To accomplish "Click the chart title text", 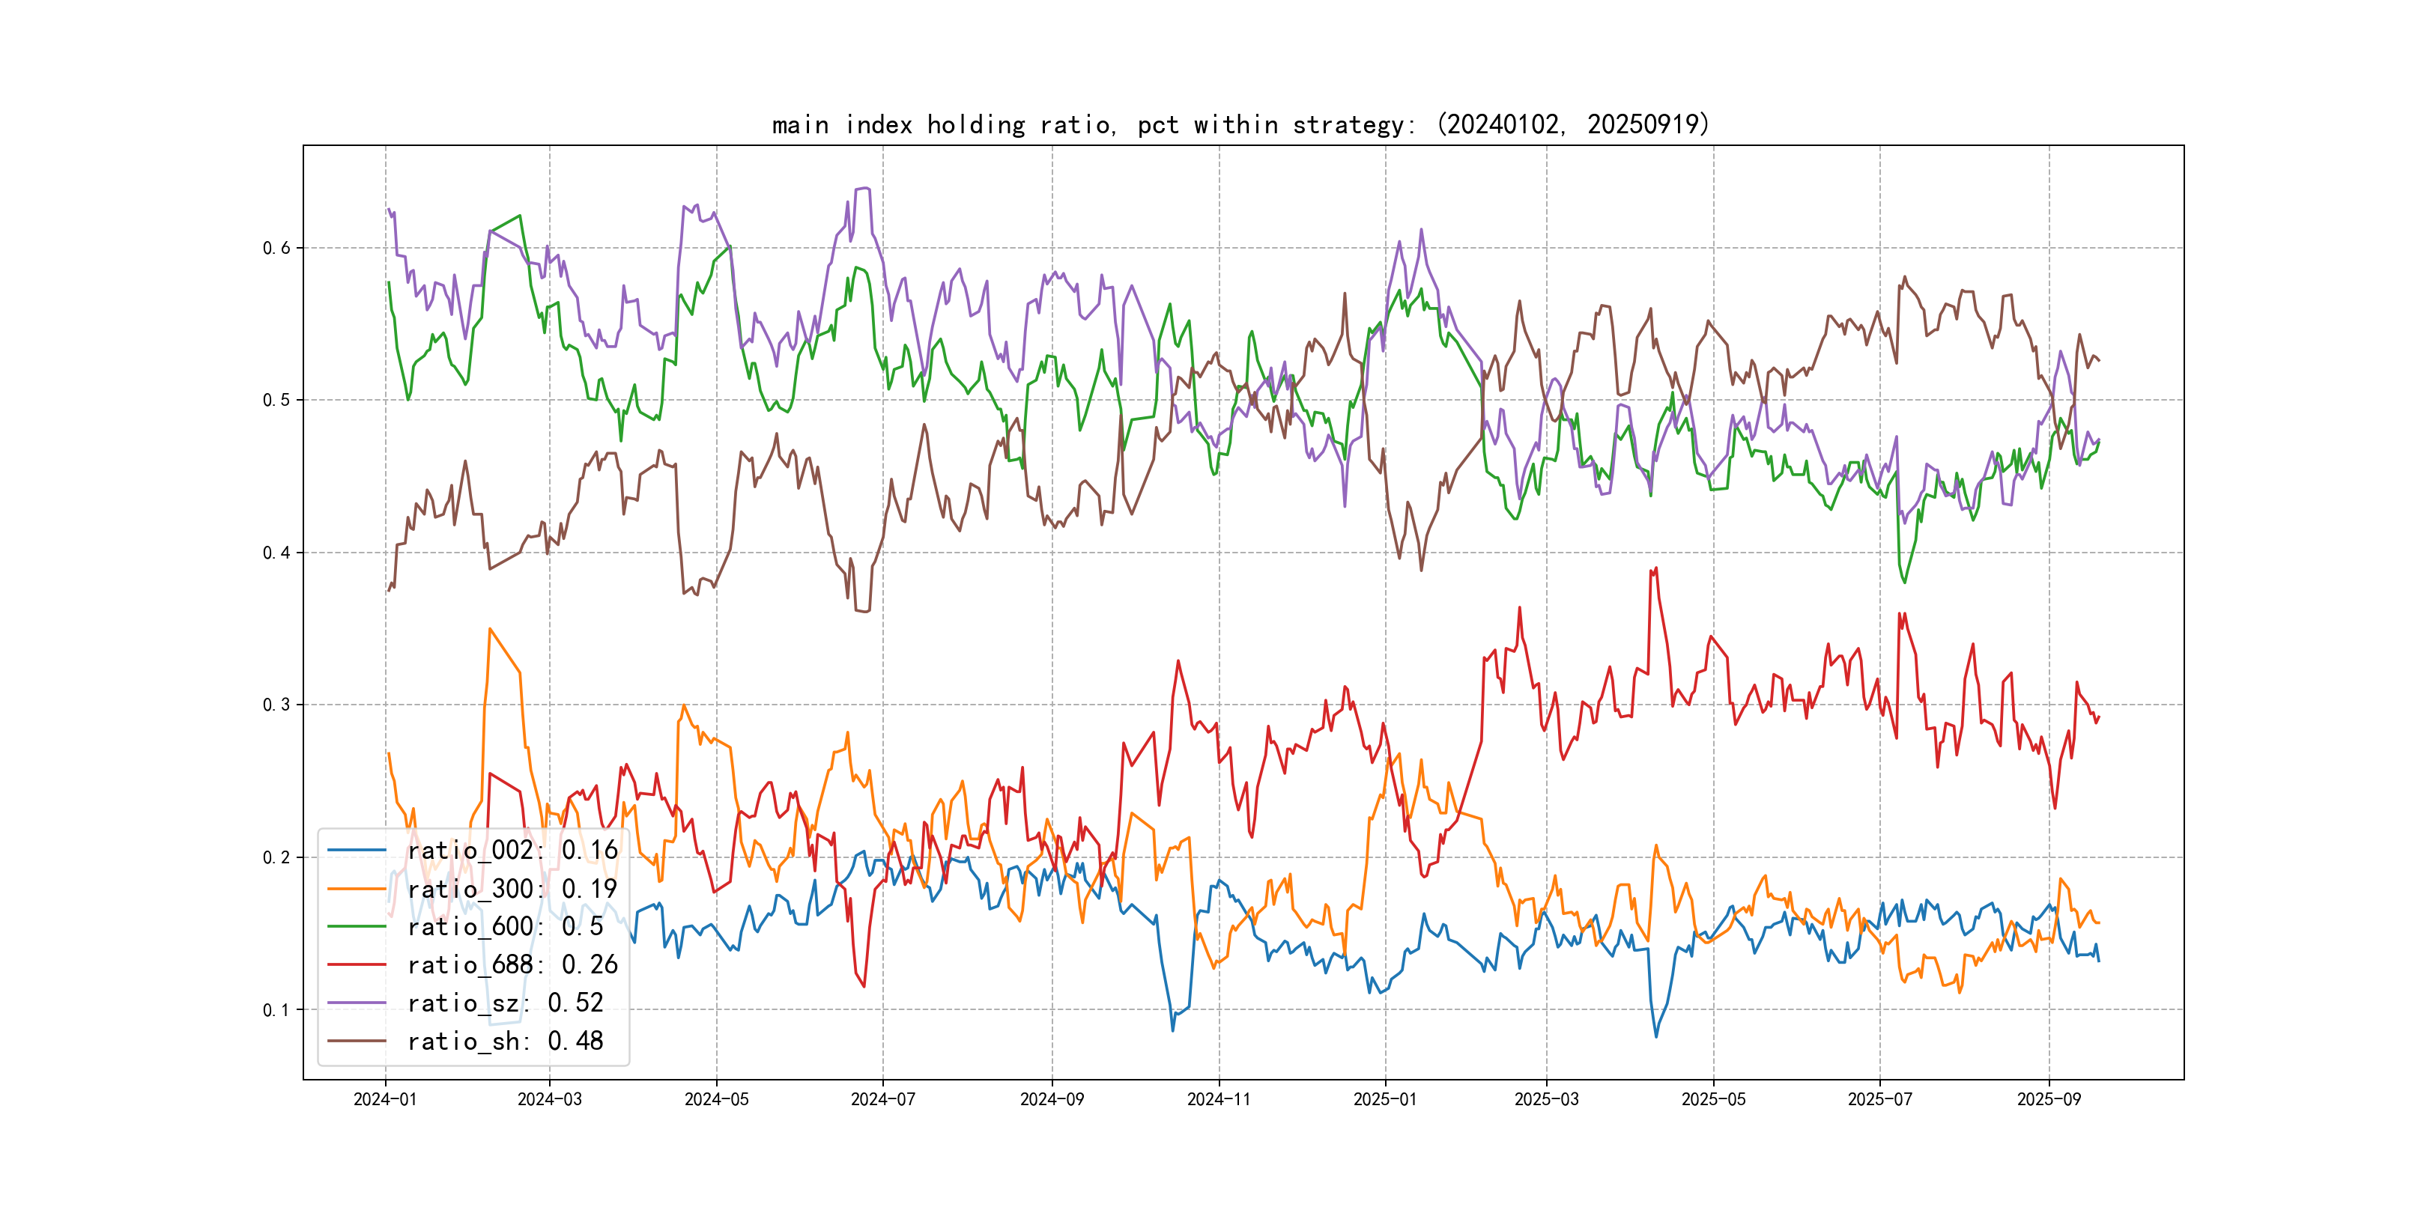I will click(1240, 124).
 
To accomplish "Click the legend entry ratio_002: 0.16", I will click(512, 851).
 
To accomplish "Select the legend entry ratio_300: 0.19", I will click(512, 889).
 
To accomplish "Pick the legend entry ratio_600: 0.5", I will click(505, 927).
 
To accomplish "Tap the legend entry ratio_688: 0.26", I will click(512, 965).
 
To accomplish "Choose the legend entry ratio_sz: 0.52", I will click(505, 1003).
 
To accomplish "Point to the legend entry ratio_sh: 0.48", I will click(505, 1042).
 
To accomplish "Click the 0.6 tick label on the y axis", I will click(276, 248).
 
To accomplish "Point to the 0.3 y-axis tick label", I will click(276, 705).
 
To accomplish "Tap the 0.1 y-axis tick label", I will click(276, 1009).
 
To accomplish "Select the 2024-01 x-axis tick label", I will click(384, 1099).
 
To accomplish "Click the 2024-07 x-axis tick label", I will click(883, 1099).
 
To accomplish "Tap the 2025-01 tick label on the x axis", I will click(1385, 1099).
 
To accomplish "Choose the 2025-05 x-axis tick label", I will click(1713, 1099).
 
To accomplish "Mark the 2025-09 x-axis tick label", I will click(2048, 1099).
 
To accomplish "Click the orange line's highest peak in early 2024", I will click(490, 629).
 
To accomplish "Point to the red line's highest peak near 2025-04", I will click(1655, 569).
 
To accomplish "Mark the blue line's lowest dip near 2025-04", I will click(1656, 1037).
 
